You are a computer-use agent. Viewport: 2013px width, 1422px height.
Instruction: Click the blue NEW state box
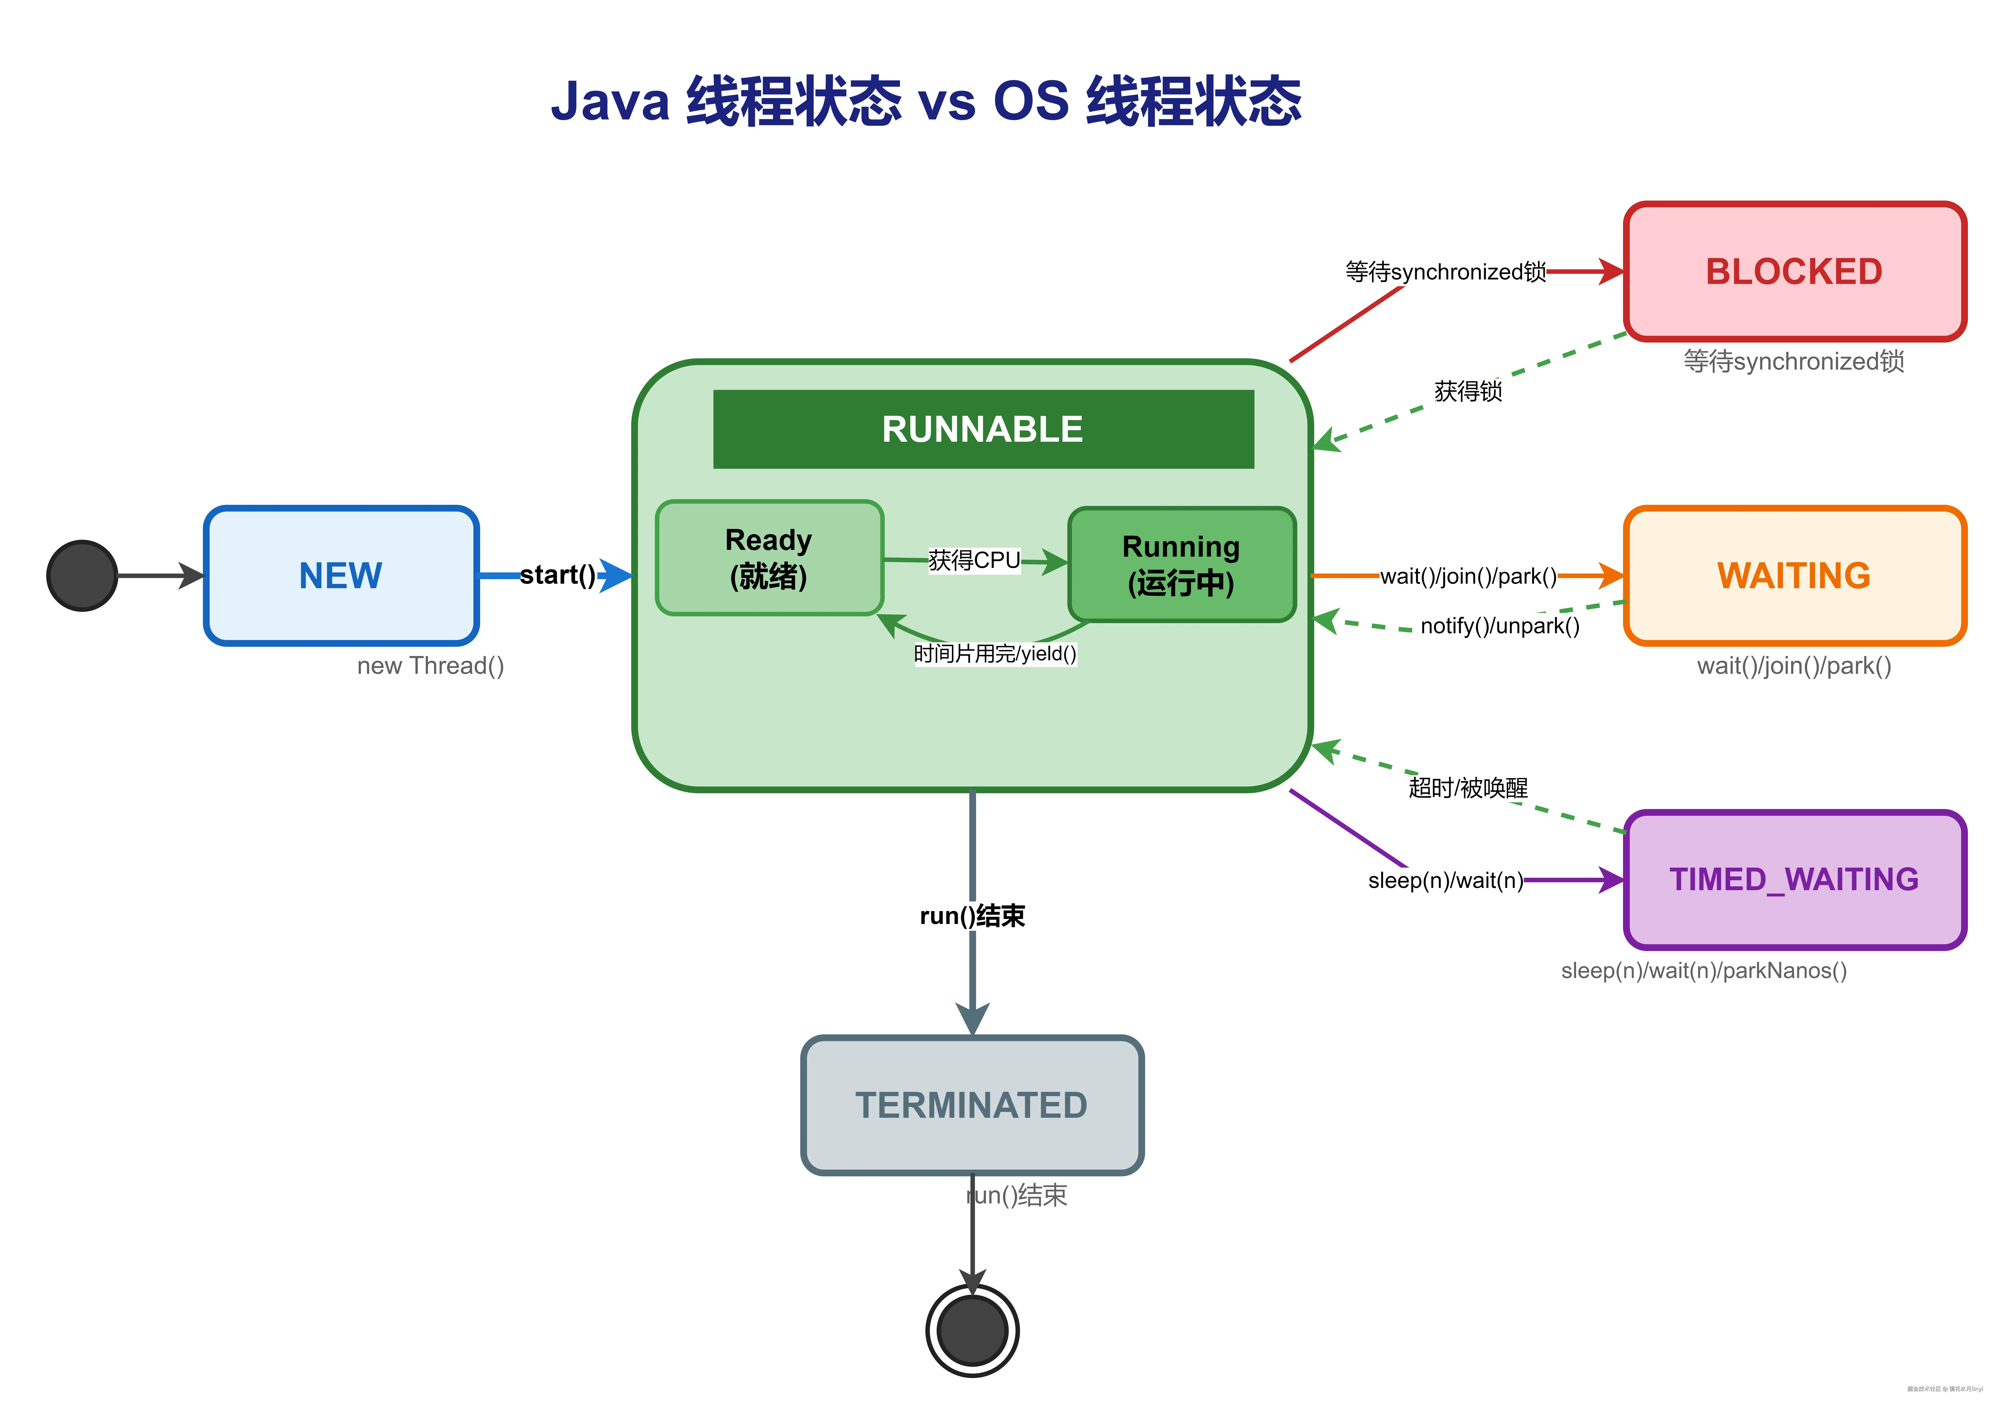click(341, 576)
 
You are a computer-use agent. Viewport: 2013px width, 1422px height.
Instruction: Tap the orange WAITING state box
click(1794, 576)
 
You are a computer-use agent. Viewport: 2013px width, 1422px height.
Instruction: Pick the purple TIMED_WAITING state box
click(1794, 879)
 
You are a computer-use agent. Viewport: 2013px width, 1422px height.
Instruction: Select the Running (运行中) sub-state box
click(1181, 565)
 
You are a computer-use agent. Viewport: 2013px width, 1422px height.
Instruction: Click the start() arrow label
click(558, 575)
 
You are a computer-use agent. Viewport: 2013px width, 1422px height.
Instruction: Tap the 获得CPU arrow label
click(974, 560)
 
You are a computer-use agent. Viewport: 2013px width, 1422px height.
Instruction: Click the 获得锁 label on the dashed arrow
click(1468, 391)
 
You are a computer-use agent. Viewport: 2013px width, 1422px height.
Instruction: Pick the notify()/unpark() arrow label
click(1499, 626)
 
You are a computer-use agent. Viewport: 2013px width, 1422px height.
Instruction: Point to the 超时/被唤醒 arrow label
click(1468, 787)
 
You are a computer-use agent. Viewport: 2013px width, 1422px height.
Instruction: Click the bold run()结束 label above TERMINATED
click(972, 916)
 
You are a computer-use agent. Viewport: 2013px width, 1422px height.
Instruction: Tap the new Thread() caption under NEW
click(431, 666)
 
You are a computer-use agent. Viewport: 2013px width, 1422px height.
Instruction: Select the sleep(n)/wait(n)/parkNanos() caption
click(1703, 971)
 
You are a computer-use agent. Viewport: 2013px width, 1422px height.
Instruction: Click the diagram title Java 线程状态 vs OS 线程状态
click(926, 101)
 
